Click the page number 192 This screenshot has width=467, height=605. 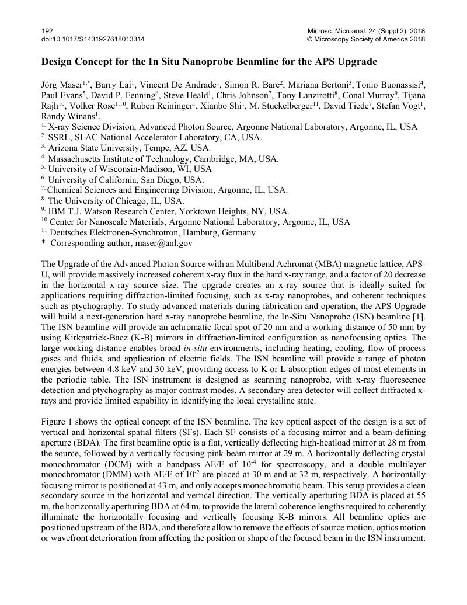pos(47,30)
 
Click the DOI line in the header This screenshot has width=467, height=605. pos(93,39)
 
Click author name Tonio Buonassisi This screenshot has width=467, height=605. pos(389,85)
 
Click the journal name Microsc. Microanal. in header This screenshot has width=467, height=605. pos(335,30)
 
